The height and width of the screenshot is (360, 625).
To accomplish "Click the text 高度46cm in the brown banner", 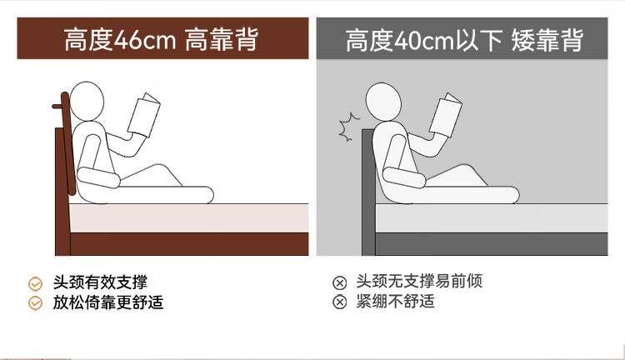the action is [119, 39].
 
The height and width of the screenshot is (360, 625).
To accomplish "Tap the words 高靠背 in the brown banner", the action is [222, 39].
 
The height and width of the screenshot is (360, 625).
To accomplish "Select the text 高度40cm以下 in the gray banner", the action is [423, 40].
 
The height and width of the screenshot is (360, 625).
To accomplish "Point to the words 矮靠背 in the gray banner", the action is [547, 40].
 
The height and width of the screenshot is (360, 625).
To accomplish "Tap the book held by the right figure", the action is [445, 115].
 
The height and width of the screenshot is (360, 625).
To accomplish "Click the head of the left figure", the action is [87, 102].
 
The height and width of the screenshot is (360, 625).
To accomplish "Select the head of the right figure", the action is [383, 102].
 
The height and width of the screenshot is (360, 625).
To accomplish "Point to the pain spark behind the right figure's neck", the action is [348, 127].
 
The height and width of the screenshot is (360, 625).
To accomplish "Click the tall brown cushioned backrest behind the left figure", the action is [67, 143].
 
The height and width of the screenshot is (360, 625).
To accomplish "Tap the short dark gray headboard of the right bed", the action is [368, 192].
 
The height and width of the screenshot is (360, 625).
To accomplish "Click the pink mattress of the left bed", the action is [189, 218].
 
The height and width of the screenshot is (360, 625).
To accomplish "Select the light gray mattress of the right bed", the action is [492, 218].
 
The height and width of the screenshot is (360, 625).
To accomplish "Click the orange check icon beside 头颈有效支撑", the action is [36, 283].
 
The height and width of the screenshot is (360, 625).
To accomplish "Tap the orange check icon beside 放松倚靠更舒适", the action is [36, 303].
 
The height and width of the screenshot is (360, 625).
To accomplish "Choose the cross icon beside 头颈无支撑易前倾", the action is [340, 282].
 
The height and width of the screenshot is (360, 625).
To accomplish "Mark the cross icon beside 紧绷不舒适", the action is [340, 302].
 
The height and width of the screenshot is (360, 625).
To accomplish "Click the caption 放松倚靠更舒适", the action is [108, 302].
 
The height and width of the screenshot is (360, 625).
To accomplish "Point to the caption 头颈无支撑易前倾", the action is [419, 281].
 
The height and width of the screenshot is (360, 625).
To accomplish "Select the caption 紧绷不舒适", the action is [395, 301].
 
